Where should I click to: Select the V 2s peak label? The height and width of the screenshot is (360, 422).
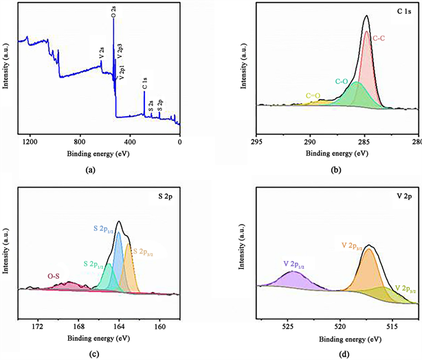102,51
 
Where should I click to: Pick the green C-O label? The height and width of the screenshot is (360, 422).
342,81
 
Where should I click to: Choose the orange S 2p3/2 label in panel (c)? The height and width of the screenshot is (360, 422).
144,253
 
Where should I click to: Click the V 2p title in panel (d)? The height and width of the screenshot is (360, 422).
406,198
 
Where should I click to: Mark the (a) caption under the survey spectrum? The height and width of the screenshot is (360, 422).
90,168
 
